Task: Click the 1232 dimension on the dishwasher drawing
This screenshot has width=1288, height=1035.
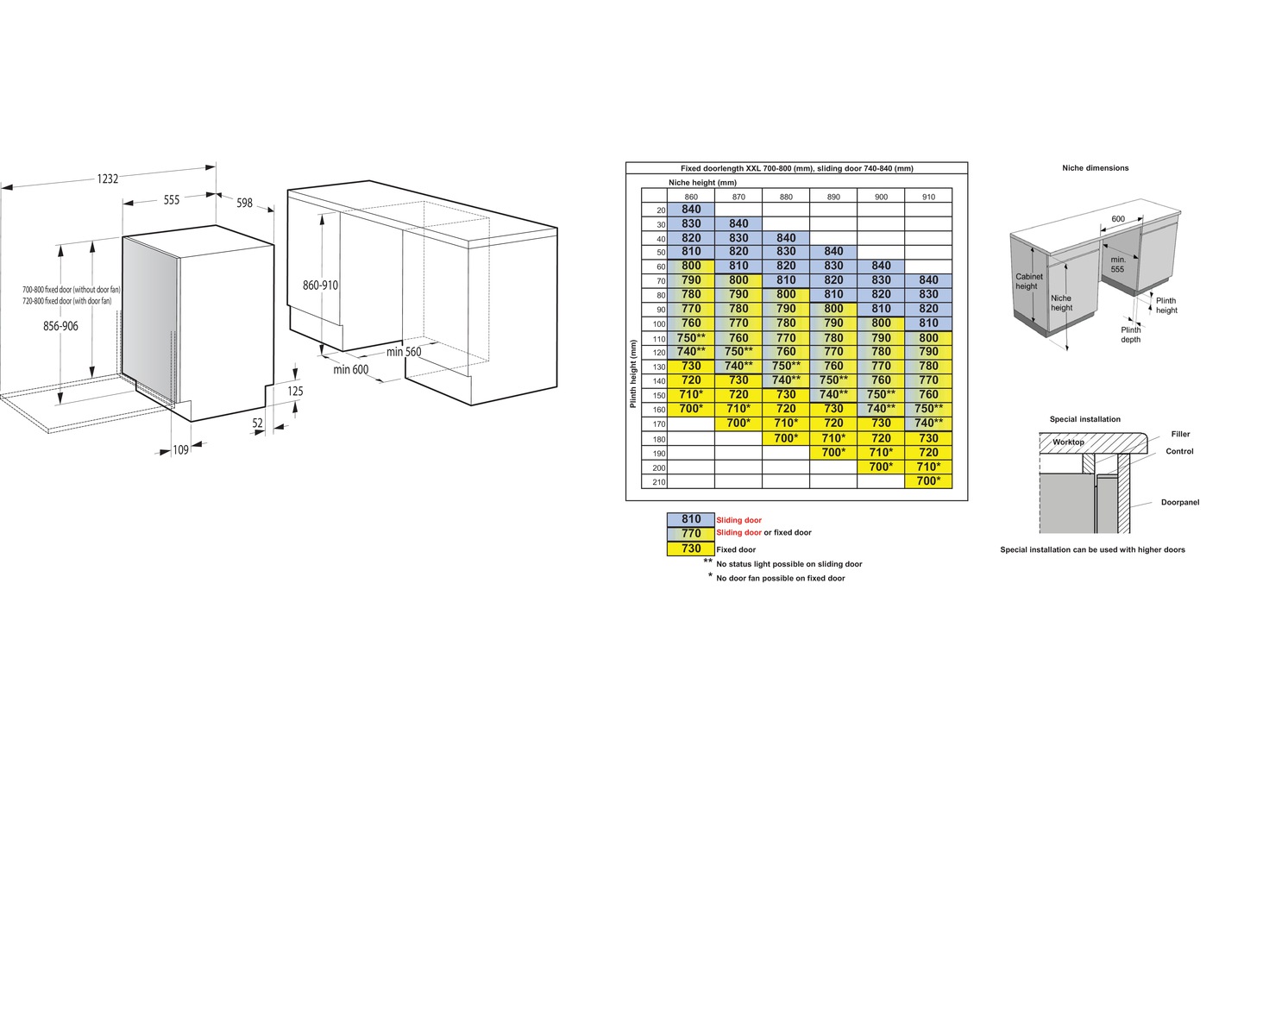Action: click(x=108, y=179)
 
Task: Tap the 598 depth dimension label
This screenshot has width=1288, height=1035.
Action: click(x=244, y=203)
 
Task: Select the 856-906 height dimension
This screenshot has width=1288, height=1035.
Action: click(x=60, y=326)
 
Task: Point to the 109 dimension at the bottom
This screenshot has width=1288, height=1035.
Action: click(x=181, y=449)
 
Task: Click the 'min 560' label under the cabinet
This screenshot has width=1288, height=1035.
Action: click(x=404, y=352)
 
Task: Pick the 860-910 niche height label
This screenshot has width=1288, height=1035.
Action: click(x=320, y=285)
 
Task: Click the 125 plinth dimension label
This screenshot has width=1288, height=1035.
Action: click(x=295, y=392)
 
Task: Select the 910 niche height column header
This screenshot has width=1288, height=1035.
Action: click(x=928, y=197)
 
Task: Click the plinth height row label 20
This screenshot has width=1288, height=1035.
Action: click(x=661, y=210)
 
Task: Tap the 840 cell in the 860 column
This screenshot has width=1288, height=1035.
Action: click(x=691, y=210)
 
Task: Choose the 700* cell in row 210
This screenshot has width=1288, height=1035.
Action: click(x=928, y=481)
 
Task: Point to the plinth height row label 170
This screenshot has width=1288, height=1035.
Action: click(x=659, y=424)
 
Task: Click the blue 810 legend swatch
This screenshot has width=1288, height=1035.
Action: click(x=691, y=519)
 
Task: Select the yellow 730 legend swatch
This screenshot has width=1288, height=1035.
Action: click(x=691, y=549)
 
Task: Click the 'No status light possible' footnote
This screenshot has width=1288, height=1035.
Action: click(x=789, y=564)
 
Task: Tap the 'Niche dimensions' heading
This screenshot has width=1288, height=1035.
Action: click(x=1096, y=168)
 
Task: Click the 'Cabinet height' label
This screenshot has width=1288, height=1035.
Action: click(x=1029, y=281)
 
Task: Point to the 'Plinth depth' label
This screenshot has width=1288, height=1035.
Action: click(x=1131, y=335)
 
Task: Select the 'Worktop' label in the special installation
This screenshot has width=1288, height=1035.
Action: click(x=1068, y=442)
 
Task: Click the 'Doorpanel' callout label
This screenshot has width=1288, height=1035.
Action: click(x=1179, y=502)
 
